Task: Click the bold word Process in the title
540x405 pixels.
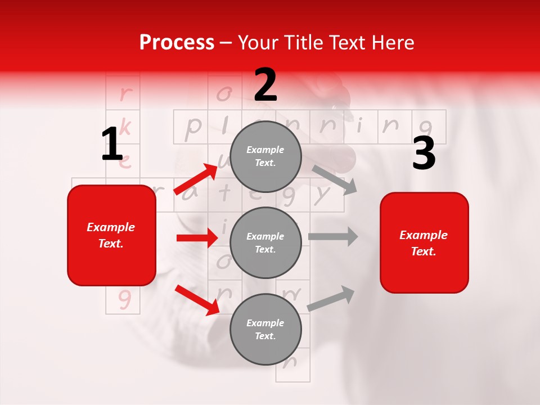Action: coord(177,42)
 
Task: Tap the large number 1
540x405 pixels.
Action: coord(112,145)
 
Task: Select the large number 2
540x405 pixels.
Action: coord(265,85)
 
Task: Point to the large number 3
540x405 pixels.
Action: coord(424,154)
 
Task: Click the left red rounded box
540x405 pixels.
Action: coord(111,235)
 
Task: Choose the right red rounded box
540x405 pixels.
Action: coord(424,242)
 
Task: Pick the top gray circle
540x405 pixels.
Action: coord(265,156)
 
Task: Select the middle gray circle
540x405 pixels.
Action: coord(265,242)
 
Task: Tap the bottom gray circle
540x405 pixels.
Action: coord(265,329)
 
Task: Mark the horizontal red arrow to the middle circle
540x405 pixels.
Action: coord(197,238)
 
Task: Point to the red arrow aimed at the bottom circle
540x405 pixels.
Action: coord(197,299)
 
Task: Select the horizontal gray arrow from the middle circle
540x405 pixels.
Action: coord(332,236)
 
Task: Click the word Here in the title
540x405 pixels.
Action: coord(394,42)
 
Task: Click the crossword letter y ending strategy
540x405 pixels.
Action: coord(322,195)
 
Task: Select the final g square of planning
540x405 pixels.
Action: coord(429,127)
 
